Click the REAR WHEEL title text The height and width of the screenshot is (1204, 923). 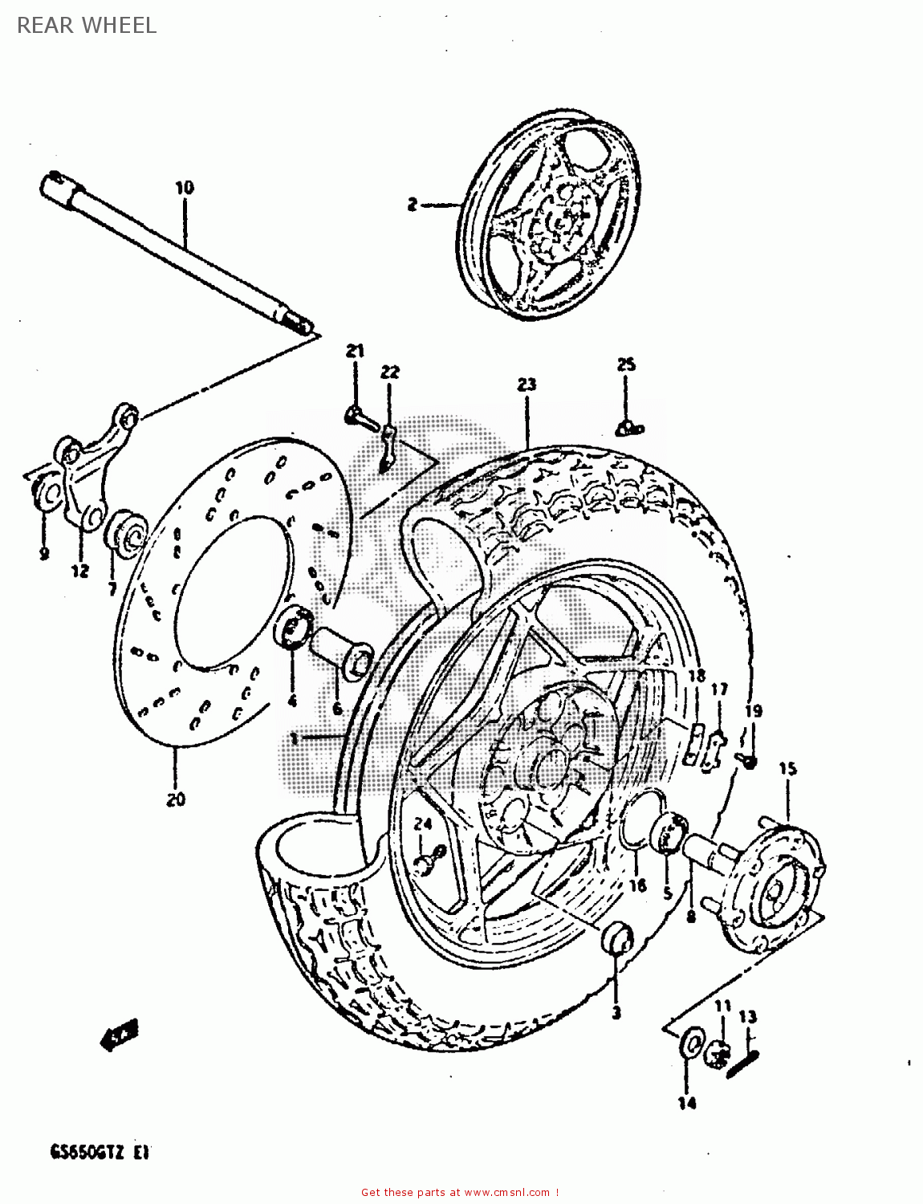click(x=87, y=25)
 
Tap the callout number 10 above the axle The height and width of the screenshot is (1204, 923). click(x=185, y=188)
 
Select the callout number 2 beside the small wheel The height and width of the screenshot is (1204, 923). click(x=412, y=205)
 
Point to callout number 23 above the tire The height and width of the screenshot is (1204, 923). click(x=527, y=384)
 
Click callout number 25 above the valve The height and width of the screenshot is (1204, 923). click(x=626, y=364)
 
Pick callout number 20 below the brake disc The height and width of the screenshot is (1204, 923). click(x=176, y=799)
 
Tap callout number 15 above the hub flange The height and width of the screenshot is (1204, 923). click(x=787, y=769)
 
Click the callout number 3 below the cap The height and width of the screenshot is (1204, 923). click(x=616, y=1013)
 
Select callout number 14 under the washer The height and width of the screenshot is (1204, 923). click(x=687, y=1104)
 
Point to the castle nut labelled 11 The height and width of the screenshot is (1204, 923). click(x=717, y=1053)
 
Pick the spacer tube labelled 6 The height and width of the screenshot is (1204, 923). click(x=341, y=653)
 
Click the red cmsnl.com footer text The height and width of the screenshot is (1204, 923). click(x=460, y=1193)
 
